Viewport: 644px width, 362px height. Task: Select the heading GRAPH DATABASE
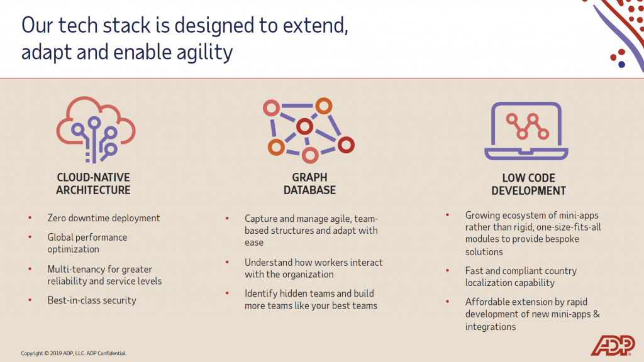point(309,184)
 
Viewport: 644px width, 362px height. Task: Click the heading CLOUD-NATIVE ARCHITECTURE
point(93,184)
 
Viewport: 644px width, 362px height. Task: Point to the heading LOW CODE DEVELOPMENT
point(528,184)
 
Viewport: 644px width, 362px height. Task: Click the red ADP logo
point(613,345)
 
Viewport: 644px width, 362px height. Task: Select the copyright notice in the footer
point(74,353)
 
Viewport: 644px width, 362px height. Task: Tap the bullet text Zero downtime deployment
point(104,218)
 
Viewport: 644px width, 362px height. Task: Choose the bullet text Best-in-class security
point(92,300)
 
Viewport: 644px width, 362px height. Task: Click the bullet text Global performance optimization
point(87,243)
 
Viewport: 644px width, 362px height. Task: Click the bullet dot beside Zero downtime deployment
point(30,218)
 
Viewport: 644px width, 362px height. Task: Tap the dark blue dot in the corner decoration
point(621,64)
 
